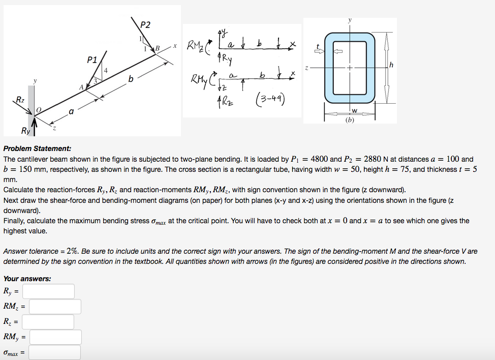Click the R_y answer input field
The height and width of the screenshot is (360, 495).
(48, 291)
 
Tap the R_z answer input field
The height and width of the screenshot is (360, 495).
(48, 322)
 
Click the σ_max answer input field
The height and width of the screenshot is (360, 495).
(54, 352)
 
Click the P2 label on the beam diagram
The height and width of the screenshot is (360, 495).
(145, 25)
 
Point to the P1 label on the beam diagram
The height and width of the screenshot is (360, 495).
(92, 59)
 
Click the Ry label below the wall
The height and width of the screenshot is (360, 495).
(25, 131)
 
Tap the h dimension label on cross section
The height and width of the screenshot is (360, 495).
(391, 64)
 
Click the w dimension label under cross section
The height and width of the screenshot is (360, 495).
(354, 111)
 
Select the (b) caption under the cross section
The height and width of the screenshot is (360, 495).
(350, 121)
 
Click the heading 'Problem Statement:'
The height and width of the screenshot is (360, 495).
(37, 148)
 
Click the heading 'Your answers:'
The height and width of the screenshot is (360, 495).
(27, 279)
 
